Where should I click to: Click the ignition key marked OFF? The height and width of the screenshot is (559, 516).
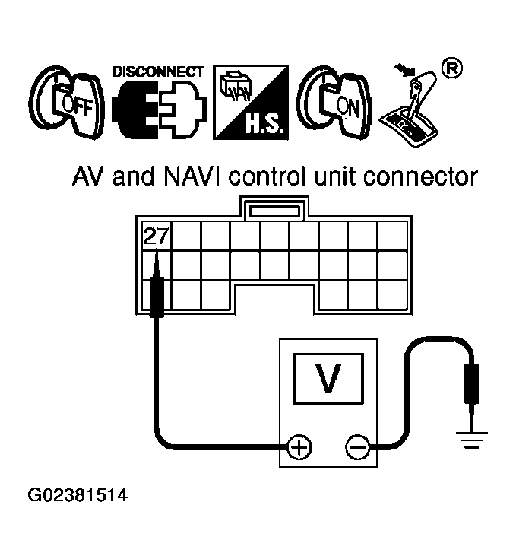[67, 102]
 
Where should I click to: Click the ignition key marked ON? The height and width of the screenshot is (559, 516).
[335, 102]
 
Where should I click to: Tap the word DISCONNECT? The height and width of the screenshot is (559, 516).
[158, 71]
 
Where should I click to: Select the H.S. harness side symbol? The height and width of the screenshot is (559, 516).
[251, 102]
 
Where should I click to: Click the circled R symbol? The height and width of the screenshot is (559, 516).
[452, 68]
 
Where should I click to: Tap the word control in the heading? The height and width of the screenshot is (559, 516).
[267, 176]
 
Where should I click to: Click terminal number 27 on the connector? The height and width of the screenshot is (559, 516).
[156, 236]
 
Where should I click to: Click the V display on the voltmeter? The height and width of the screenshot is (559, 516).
[329, 379]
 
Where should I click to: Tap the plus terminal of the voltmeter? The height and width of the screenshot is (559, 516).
[299, 446]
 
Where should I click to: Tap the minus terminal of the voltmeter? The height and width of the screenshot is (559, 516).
[357, 446]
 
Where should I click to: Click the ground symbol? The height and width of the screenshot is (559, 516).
[472, 440]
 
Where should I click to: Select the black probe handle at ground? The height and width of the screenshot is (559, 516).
[472, 383]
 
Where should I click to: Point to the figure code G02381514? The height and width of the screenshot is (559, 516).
[78, 495]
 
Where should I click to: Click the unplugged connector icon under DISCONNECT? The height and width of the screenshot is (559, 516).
[159, 109]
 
